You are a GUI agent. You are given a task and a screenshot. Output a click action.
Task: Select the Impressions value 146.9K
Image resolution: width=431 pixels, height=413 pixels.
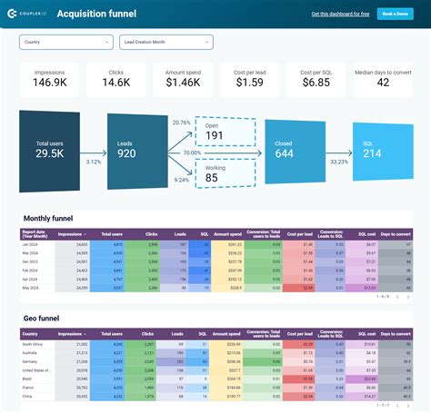click(x=50, y=83)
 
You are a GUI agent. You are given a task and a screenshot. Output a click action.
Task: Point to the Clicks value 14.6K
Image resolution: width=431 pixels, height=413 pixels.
click(x=115, y=83)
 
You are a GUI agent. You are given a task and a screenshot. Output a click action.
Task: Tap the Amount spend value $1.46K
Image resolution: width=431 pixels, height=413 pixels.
click(x=182, y=83)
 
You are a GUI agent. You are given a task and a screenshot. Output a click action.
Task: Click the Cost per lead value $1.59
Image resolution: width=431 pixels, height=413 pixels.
click(x=248, y=83)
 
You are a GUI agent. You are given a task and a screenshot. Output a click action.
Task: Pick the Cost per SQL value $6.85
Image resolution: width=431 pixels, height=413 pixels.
click(x=316, y=83)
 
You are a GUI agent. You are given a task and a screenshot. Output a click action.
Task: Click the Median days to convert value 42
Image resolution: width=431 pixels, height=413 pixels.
click(x=382, y=84)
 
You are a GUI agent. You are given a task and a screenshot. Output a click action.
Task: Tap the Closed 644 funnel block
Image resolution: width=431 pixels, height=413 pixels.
click(x=284, y=150)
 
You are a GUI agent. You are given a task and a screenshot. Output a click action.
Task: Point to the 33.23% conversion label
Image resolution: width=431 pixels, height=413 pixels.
click(x=337, y=162)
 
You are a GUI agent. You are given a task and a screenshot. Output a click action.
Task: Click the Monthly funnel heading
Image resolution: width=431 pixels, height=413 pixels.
click(x=48, y=219)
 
